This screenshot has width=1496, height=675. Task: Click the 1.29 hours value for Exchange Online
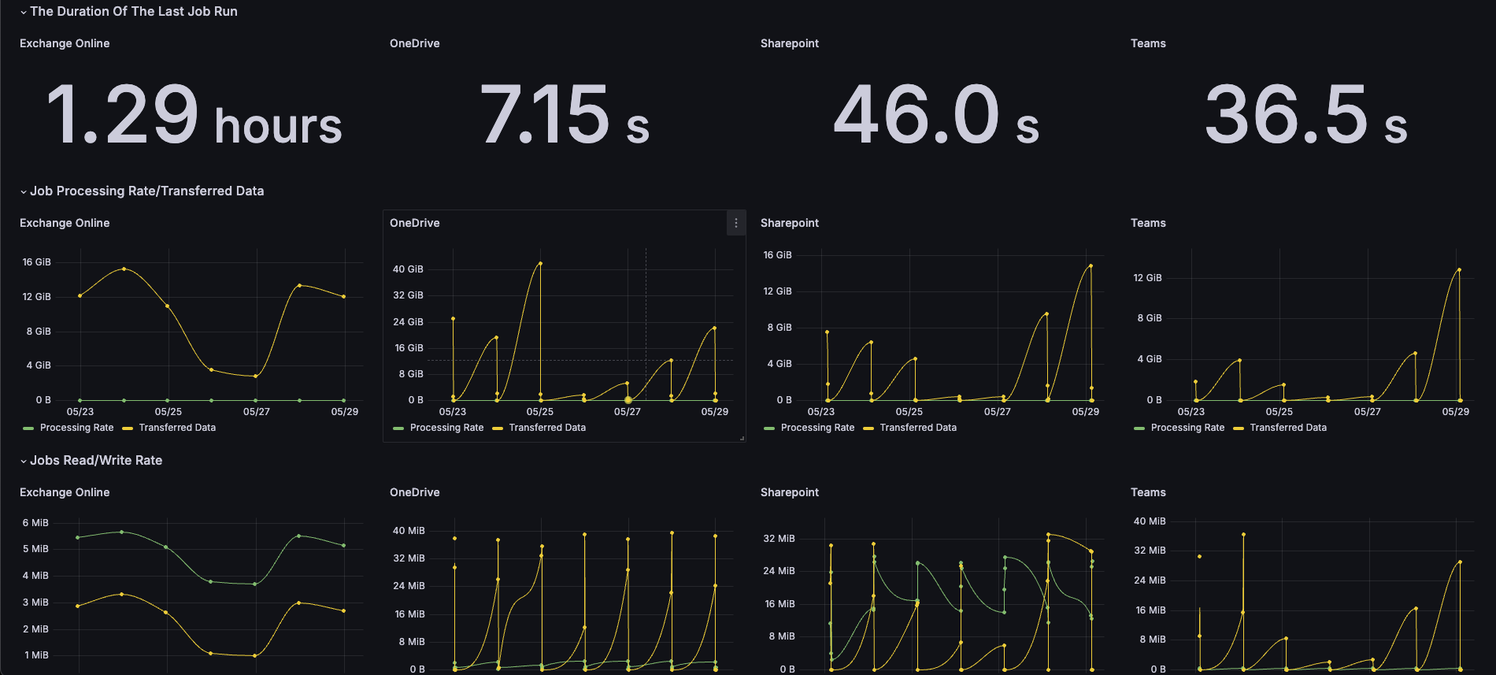click(194, 116)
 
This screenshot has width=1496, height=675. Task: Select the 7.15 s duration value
click(565, 116)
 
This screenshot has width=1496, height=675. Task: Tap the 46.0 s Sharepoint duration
click(936, 116)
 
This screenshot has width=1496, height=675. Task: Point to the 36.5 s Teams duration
click(1306, 116)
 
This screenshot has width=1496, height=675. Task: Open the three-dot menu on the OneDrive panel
click(736, 223)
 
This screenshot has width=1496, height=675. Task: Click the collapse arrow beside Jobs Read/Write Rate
click(24, 461)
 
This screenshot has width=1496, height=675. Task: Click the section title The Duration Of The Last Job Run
click(134, 11)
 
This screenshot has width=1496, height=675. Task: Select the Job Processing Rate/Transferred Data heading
click(147, 191)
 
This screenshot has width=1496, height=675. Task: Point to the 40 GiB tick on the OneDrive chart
click(409, 269)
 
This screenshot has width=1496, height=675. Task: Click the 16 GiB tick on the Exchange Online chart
click(37, 262)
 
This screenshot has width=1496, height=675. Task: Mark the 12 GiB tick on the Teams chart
click(1147, 278)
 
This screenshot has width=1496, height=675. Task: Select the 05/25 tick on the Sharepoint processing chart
click(909, 412)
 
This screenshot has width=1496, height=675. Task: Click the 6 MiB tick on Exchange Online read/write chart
click(35, 523)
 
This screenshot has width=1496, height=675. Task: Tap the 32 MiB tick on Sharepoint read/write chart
click(779, 539)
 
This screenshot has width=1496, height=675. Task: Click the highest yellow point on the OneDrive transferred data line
click(540, 264)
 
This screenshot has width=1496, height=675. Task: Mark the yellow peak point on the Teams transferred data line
click(1459, 270)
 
